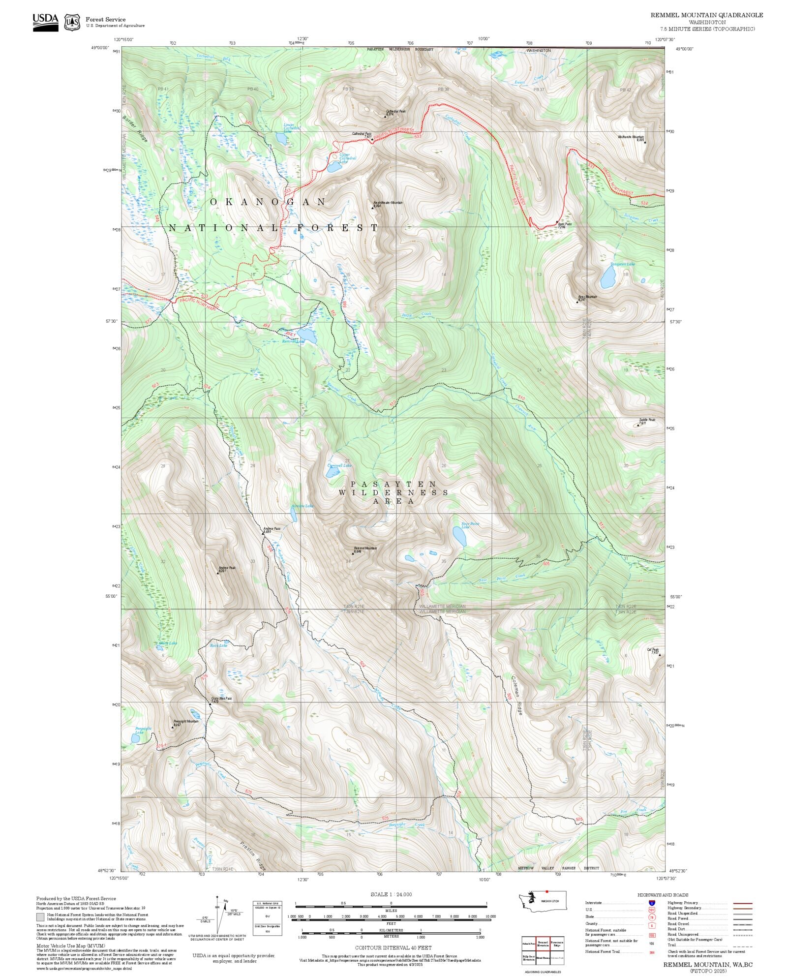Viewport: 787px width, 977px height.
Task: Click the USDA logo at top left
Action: click(x=45, y=22)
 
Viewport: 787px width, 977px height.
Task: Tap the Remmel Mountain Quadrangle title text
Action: click(x=706, y=15)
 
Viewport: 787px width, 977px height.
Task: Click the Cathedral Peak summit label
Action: click(x=395, y=112)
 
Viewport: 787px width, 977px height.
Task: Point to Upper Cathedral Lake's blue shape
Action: click(x=334, y=167)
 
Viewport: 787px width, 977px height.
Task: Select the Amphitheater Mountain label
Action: click(x=388, y=203)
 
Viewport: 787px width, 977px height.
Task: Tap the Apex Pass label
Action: click(x=564, y=224)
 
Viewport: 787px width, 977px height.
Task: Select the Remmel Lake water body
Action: click(x=307, y=336)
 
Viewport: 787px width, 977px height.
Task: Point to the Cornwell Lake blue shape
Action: click(x=333, y=473)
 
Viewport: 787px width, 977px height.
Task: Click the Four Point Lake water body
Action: click(x=459, y=536)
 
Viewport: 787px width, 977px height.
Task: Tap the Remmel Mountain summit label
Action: click(x=365, y=549)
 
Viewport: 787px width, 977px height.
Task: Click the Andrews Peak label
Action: click(x=227, y=568)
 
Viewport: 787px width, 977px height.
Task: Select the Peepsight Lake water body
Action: click(x=135, y=738)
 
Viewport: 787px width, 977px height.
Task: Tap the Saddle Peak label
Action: click(x=647, y=420)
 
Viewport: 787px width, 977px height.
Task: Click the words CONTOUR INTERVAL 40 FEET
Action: click(x=393, y=947)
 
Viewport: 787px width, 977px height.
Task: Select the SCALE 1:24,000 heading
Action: click(x=391, y=894)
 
